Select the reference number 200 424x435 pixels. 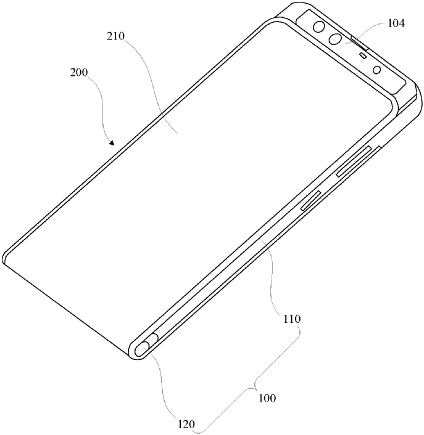pos(78,73)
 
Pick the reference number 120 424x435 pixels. pos(186,424)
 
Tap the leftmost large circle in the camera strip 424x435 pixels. pos(320,27)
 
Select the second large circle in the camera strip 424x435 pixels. pos(336,39)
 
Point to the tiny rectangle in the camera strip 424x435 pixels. pos(364,55)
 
